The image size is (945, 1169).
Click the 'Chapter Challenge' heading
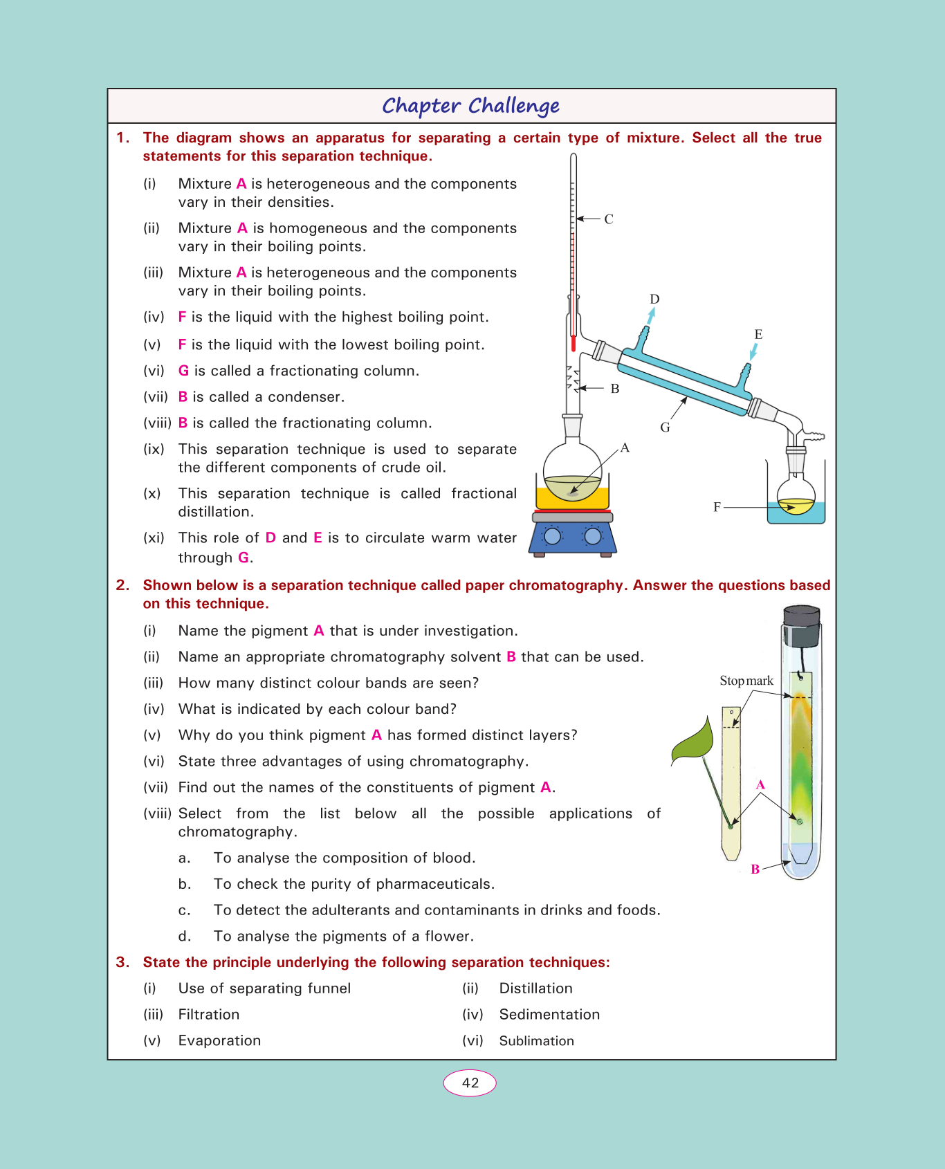(x=470, y=106)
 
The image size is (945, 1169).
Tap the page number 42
(x=470, y=1083)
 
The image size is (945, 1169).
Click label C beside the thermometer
(x=609, y=219)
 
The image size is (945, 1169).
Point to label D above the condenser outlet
(x=654, y=299)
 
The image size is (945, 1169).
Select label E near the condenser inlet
(x=758, y=334)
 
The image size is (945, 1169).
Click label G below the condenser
(x=665, y=427)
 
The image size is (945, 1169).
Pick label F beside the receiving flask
(x=717, y=507)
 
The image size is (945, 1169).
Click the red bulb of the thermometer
(x=574, y=343)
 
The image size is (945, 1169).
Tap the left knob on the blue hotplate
(x=552, y=536)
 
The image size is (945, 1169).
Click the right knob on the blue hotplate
(x=593, y=536)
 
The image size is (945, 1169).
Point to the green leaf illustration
(x=694, y=742)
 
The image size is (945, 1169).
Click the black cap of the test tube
(x=802, y=625)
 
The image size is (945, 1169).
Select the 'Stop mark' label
(x=746, y=681)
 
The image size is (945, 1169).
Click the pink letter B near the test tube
(x=755, y=869)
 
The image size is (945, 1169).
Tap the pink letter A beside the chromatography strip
(x=760, y=784)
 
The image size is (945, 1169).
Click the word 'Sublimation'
(x=537, y=1041)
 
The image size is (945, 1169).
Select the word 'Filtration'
(x=209, y=1015)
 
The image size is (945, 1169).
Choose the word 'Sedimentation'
(x=549, y=1015)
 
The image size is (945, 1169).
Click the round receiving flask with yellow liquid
(x=796, y=497)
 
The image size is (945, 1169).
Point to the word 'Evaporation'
(x=219, y=1041)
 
